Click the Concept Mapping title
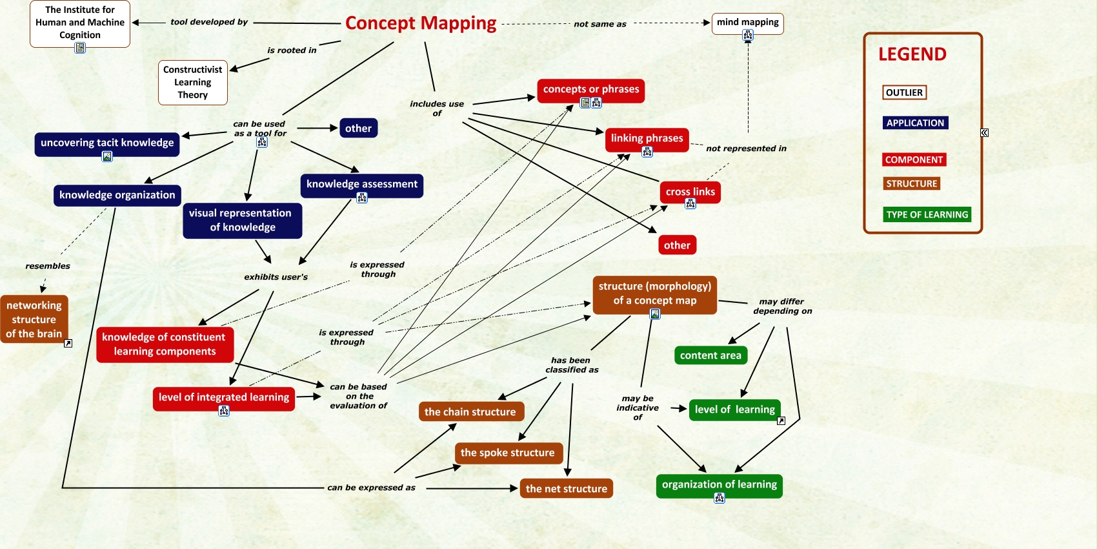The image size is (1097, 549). pyautogui.click(x=421, y=23)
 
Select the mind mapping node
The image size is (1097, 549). pyautogui.click(x=747, y=23)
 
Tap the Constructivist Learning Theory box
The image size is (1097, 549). pyautogui.click(x=192, y=82)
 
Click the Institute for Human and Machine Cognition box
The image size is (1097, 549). pyautogui.click(x=80, y=23)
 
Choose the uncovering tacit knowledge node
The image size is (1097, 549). pyautogui.click(x=107, y=143)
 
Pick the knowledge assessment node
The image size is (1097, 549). pyautogui.click(x=361, y=184)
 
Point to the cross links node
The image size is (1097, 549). pyautogui.click(x=690, y=192)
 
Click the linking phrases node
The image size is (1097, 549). pyautogui.click(x=647, y=138)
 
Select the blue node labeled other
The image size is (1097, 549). pyautogui.click(x=358, y=129)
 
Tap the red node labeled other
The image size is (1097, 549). pyautogui.click(x=677, y=245)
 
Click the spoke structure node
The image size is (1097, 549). pyautogui.click(x=507, y=453)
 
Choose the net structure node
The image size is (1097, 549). pyautogui.click(x=566, y=489)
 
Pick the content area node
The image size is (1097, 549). pyautogui.click(x=710, y=355)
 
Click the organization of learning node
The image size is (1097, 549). pyautogui.click(x=719, y=484)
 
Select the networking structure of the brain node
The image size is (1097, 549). pyautogui.click(x=34, y=320)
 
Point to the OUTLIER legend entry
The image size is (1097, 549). pyautogui.click(x=904, y=92)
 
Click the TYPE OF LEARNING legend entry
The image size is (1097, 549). pyautogui.click(x=927, y=214)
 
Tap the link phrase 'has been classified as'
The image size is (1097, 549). pyautogui.click(x=572, y=365)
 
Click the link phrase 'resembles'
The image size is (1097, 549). pyautogui.click(x=48, y=266)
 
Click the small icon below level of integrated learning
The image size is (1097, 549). pyautogui.click(x=224, y=411)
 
